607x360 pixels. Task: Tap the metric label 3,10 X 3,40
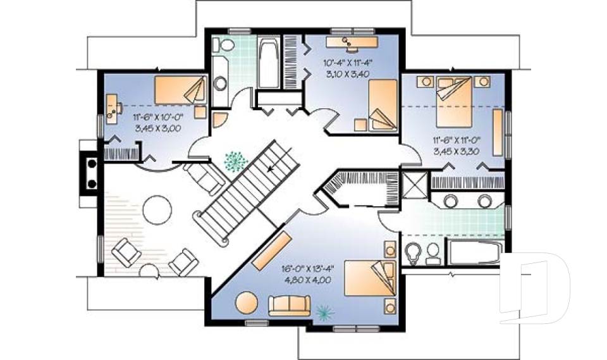click(x=346, y=74)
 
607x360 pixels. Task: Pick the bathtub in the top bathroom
click(x=266, y=64)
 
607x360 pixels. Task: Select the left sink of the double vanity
click(x=453, y=201)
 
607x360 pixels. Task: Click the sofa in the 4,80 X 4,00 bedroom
click(x=289, y=306)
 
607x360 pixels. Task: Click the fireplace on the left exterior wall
click(x=88, y=173)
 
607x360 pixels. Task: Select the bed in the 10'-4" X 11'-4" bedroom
click(x=383, y=106)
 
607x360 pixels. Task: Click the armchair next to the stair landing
click(x=205, y=179)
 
